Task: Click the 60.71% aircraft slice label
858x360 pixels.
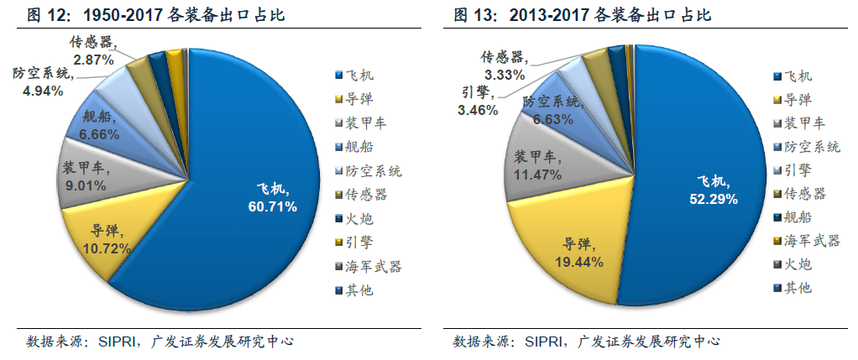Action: point(271,196)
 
